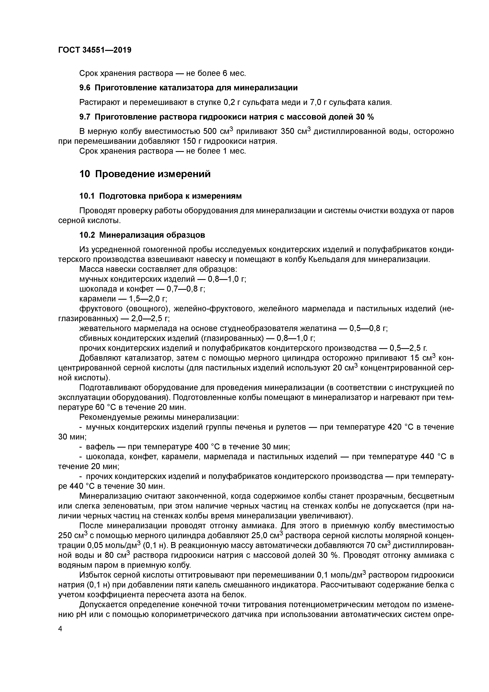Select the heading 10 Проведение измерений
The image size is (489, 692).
145,174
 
